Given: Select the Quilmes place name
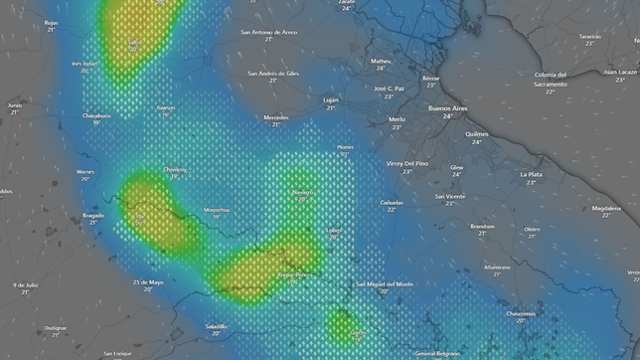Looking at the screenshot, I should pyautogui.click(x=476, y=133).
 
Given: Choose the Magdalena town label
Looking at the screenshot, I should pyautogui.click(x=606, y=208).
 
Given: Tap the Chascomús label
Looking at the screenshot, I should pyautogui.click(x=521, y=313).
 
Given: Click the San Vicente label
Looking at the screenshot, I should pyautogui.click(x=449, y=196).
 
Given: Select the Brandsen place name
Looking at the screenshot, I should pyautogui.click(x=483, y=226).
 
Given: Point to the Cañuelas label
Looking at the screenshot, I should pyautogui.click(x=392, y=202).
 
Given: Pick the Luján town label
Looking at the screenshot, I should pyautogui.click(x=331, y=99).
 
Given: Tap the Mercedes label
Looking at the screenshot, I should pyautogui.click(x=276, y=117).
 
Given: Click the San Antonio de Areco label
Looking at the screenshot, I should pyautogui.click(x=268, y=32).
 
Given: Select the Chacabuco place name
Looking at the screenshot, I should pyautogui.click(x=96, y=115).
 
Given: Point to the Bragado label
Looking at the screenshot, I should pyautogui.click(x=93, y=215).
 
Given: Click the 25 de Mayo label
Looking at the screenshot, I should pyautogui.click(x=147, y=281).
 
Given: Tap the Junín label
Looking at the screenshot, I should pyautogui.click(x=14, y=104).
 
